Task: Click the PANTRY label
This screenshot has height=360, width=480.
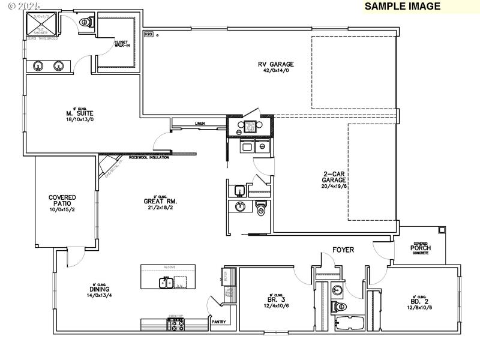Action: click(x=218, y=322)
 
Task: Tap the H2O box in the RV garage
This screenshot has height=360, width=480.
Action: click(x=148, y=34)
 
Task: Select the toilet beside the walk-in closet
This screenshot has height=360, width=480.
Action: click(x=85, y=22)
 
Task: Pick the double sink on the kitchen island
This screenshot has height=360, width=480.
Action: click(x=166, y=282)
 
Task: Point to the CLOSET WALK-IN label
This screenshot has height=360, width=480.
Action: click(x=122, y=44)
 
